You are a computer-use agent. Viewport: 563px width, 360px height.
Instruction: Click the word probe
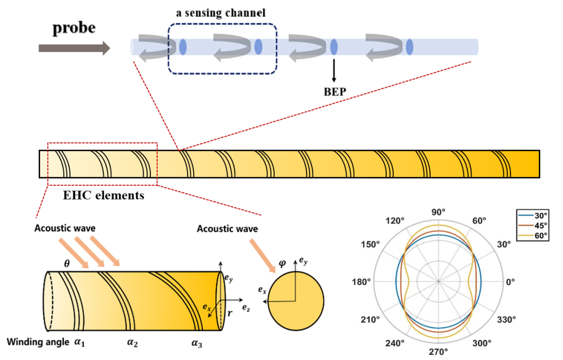(75, 28)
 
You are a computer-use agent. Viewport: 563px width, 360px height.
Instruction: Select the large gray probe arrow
(74, 49)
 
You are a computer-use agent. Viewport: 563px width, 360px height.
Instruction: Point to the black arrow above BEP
(334, 68)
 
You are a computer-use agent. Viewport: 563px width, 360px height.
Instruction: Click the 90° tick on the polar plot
(439, 212)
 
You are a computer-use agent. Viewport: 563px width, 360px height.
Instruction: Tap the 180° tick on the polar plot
(377, 282)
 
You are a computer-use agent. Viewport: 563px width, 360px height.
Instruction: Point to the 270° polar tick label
(439, 352)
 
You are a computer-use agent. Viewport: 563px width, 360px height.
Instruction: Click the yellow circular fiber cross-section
(295, 301)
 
